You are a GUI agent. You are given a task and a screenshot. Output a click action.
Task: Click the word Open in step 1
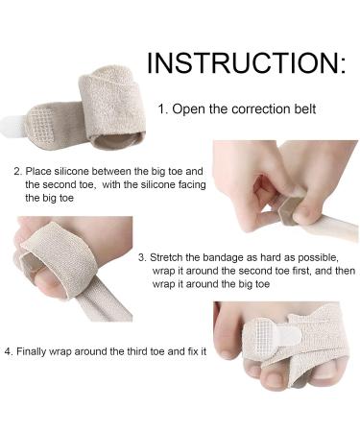pos(186,108)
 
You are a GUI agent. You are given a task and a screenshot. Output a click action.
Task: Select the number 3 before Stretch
pos(142,257)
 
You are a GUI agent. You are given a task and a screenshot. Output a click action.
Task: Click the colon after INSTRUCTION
pos(340,65)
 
